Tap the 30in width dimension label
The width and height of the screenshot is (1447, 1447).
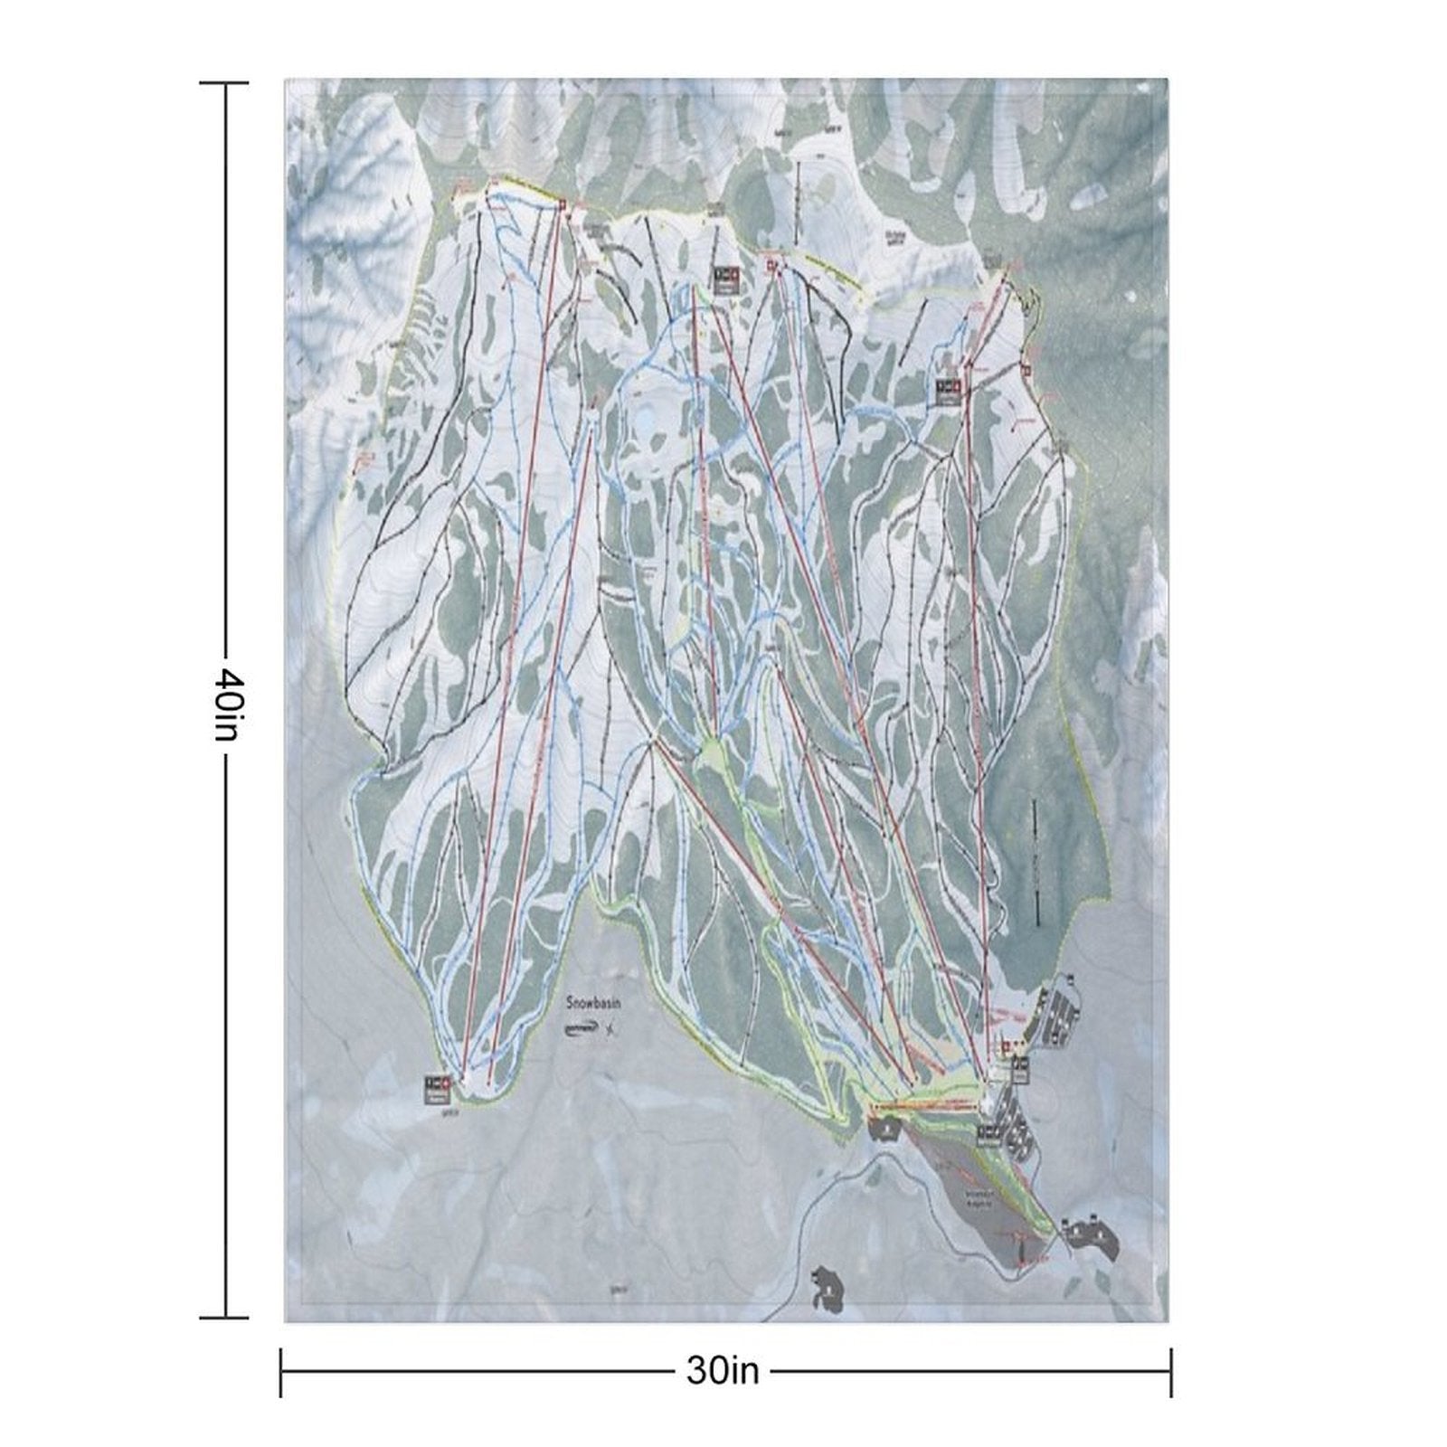(x=723, y=1371)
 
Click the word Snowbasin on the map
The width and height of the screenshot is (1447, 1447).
(x=596, y=1002)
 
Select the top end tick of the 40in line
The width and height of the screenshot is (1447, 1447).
(x=224, y=83)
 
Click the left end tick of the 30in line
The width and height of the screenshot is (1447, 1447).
(x=281, y=1372)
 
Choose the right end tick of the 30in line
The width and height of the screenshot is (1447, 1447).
(x=1171, y=1372)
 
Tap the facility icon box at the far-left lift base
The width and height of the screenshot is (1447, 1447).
(x=438, y=1089)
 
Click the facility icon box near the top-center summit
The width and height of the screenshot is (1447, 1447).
(x=724, y=279)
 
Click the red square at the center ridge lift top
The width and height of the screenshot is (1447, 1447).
(x=771, y=265)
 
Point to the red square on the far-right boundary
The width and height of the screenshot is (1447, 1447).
(x=1026, y=369)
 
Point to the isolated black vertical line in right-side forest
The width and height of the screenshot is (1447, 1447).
(x=1035, y=859)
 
